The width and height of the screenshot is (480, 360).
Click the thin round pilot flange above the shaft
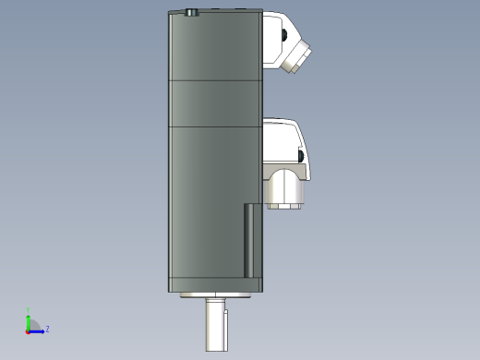pos(215,295)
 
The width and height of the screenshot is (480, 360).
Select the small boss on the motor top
pos(191,13)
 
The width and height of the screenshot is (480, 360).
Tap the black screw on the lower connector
pos(301,154)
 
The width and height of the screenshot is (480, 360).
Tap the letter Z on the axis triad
pos(47,329)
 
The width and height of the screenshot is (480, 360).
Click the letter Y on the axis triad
pos(28,311)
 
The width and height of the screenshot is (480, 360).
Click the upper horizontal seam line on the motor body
pos(214,81)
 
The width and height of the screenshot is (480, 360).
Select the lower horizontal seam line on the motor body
pos(214,125)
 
